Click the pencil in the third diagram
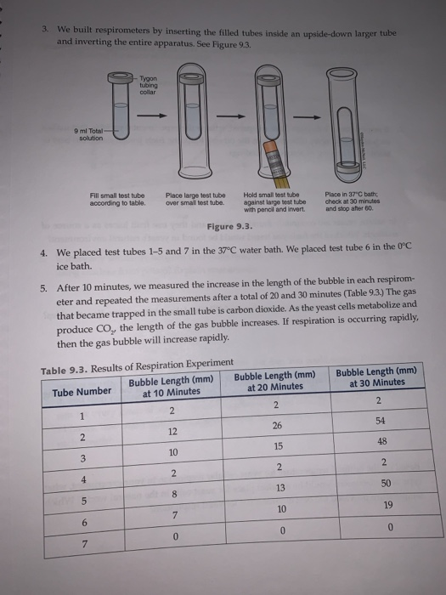tap(274, 177)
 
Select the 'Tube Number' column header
tap(81, 391)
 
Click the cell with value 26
tap(276, 425)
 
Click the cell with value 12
tap(172, 432)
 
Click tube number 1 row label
tap(82, 416)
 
